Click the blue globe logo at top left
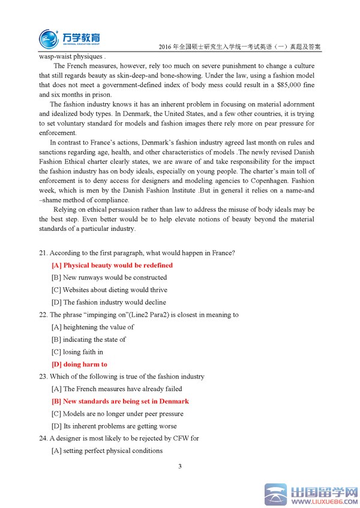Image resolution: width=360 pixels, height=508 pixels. tap(49, 38)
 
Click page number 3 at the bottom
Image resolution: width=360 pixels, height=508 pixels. tap(180, 466)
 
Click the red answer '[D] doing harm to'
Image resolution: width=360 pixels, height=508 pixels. tap(79, 364)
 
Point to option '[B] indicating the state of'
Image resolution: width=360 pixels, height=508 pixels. tap(89, 339)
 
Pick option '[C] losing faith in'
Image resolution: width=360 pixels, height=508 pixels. tap(77, 352)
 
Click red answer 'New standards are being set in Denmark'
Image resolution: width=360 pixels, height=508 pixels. tap(120, 401)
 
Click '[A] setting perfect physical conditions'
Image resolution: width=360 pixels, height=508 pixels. tap(107, 451)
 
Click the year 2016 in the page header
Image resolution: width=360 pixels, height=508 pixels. tap(163, 47)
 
